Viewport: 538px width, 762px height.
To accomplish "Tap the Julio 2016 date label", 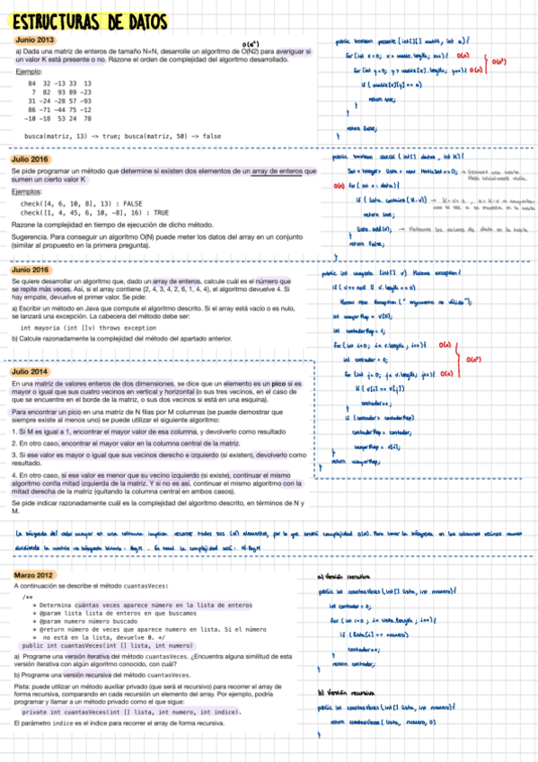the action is pos(31,158).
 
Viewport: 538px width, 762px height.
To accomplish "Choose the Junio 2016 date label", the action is pos(31,269).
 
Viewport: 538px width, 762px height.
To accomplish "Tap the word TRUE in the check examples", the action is pos(136,212).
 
